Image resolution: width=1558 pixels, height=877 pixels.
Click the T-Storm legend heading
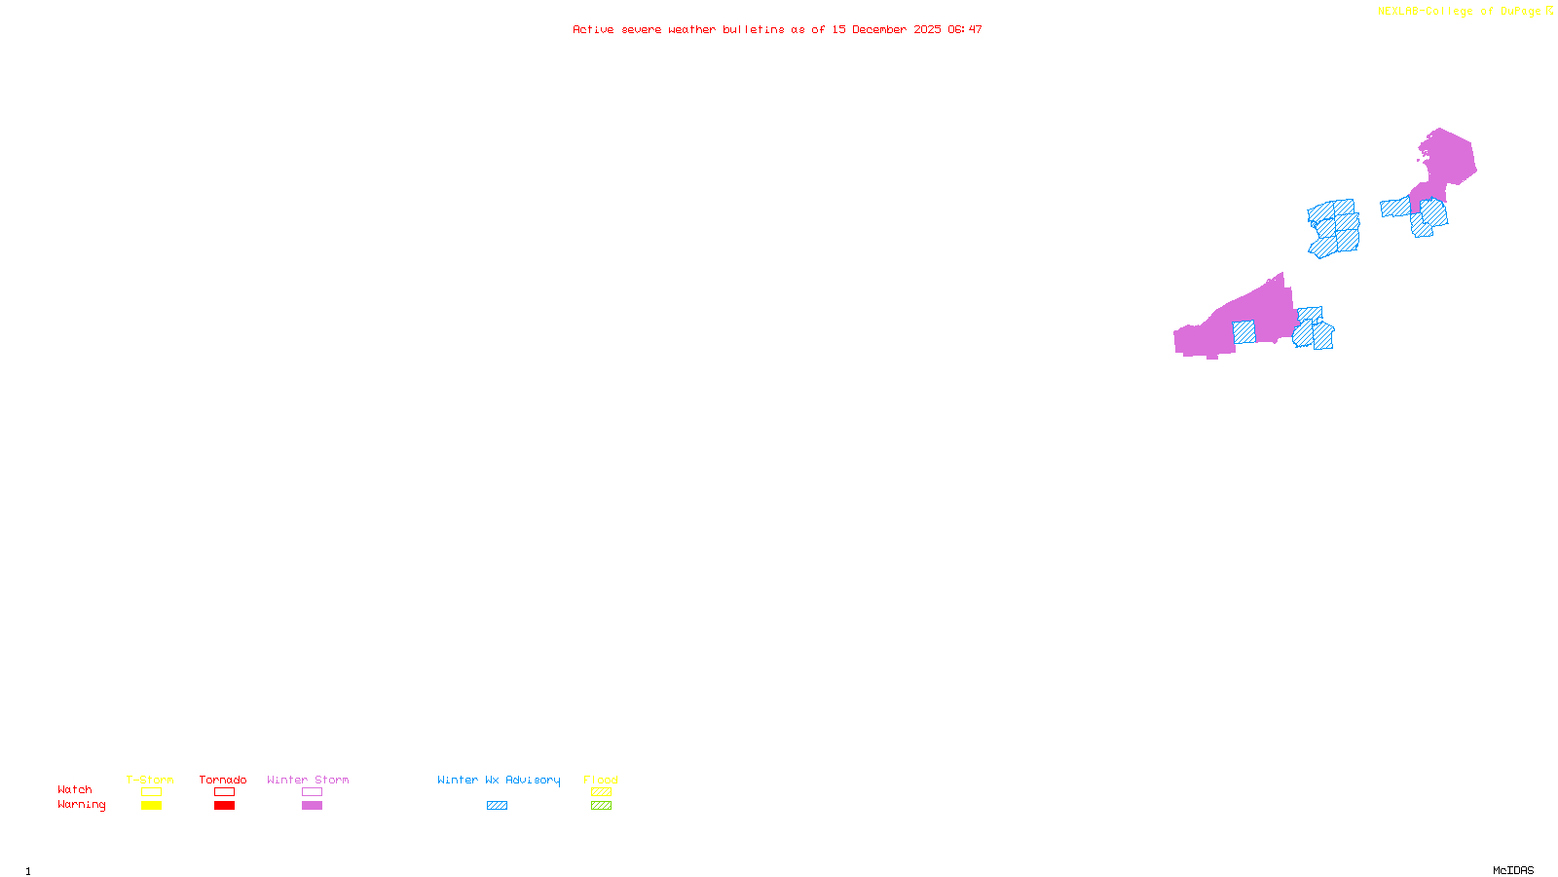[x=150, y=780]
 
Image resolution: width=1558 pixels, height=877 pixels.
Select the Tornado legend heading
[x=223, y=780]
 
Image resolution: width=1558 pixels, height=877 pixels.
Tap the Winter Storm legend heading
[x=308, y=780]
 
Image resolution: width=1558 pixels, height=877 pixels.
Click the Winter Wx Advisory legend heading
[x=499, y=780]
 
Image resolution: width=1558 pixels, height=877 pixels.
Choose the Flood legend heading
[x=601, y=780]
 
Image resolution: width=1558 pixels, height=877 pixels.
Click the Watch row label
[x=75, y=789]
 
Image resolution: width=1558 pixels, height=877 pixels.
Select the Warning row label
[x=82, y=805]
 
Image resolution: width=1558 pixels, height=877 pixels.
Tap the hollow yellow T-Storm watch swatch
[x=151, y=792]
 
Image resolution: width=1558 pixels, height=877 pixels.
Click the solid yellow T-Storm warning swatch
[x=151, y=806]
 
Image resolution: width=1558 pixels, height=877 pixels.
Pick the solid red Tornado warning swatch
[x=225, y=806]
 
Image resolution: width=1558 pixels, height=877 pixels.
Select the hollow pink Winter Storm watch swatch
[x=312, y=792]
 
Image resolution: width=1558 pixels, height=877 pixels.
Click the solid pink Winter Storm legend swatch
[x=312, y=806]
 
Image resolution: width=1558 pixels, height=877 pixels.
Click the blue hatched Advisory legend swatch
[x=497, y=806]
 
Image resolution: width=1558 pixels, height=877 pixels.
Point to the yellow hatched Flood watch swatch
[x=601, y=792]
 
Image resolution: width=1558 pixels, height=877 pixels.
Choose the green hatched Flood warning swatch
[x=601, y=806]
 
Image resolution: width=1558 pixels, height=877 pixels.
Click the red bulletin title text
[x=777, y=29]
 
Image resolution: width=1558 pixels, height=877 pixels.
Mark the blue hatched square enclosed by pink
[x=1243, y=332]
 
